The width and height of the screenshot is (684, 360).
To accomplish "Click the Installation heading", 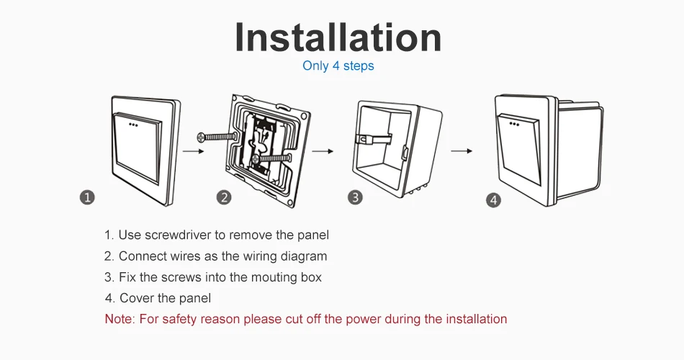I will click(338, 37).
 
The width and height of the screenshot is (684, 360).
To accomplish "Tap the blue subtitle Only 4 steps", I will click(338, 66).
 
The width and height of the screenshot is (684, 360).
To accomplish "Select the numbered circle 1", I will click(86, 197).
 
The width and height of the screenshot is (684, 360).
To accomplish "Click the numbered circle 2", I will click(224, 197).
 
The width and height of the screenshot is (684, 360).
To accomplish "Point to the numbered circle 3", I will click(355, 197).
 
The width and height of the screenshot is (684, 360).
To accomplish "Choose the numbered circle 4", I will click(493, 200).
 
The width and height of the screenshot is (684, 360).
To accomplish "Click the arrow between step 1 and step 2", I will click(190, 152).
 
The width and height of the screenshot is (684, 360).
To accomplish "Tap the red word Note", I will click(117, 319).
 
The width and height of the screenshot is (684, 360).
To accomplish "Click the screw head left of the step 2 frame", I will click(201, 136).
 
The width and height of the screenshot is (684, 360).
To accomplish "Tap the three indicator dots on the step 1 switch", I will click(134, 124).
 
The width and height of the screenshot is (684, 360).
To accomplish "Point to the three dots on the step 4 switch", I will click(516, 123).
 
